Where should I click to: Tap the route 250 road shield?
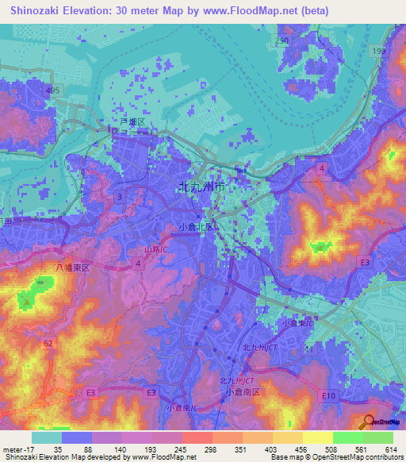(x=282, y=40)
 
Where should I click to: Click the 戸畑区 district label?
(x=131, y=122)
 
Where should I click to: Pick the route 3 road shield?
(x=118, y=195)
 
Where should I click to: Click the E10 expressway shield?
(x=330, y=395)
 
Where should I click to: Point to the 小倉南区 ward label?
(x=239, y=391)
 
